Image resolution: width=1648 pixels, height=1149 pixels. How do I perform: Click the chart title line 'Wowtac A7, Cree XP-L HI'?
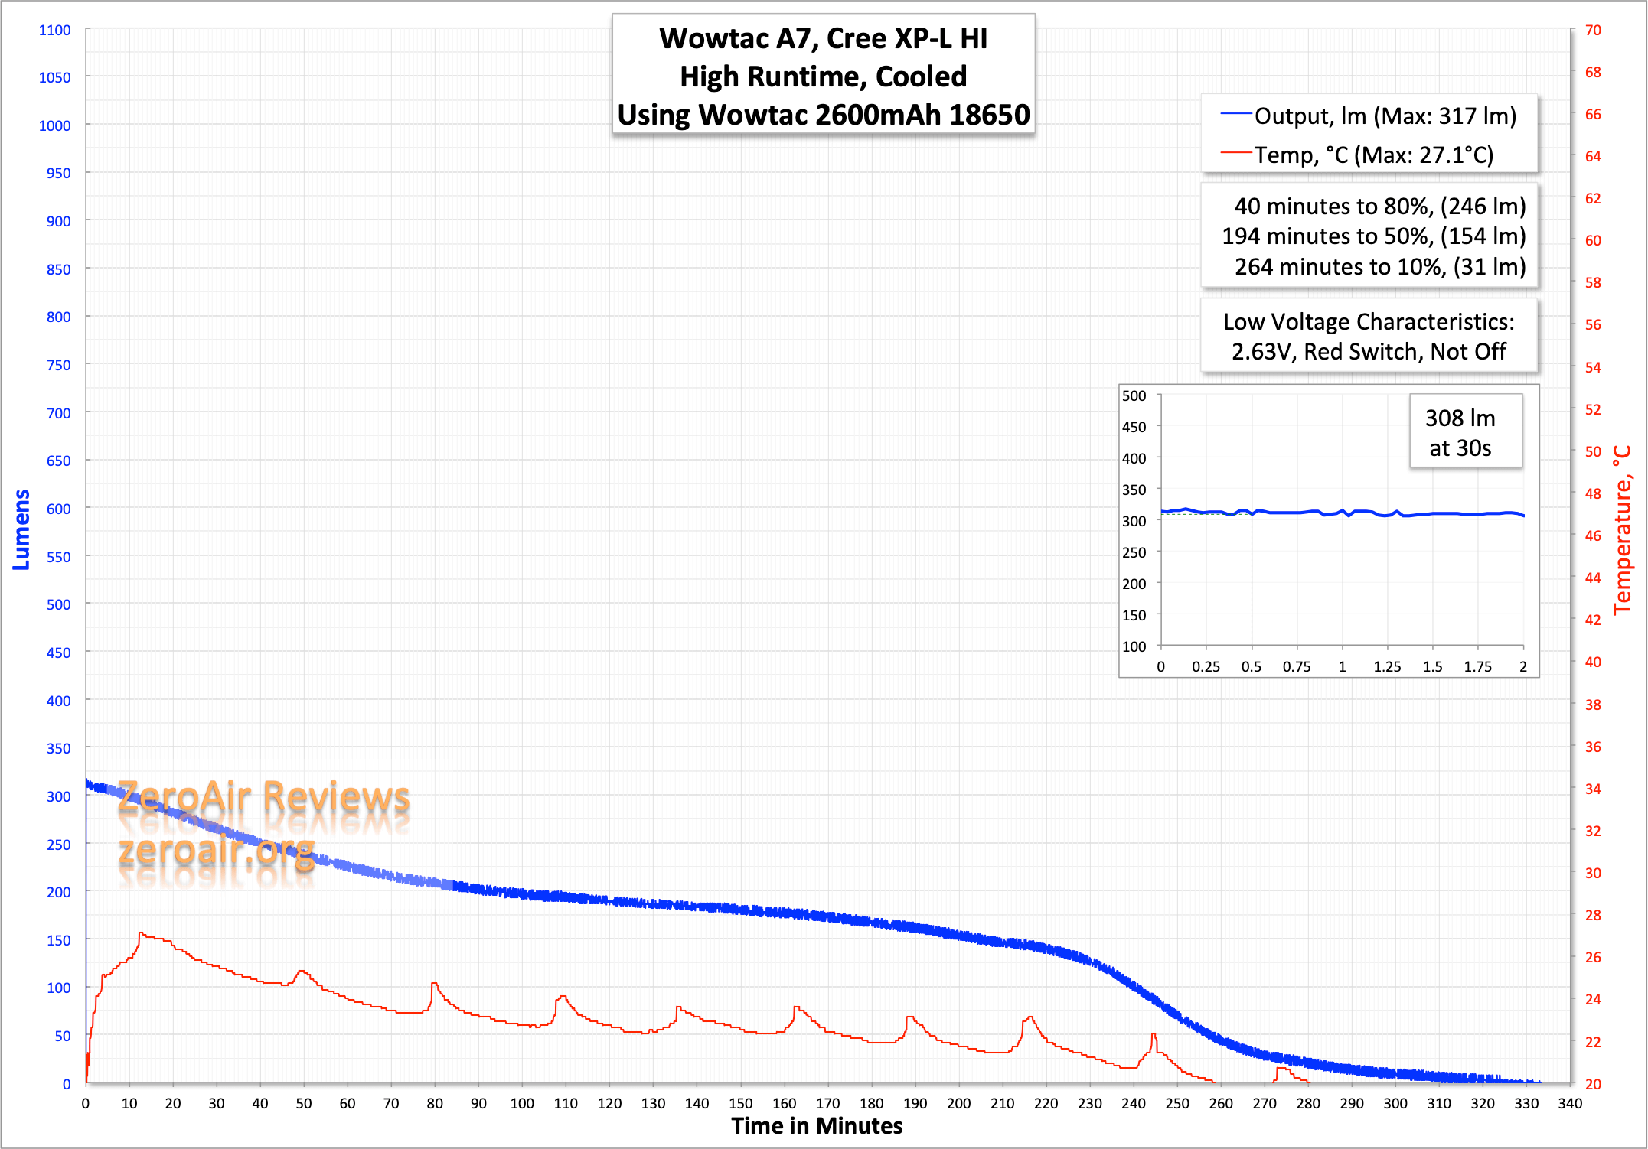click(x=823, y=38)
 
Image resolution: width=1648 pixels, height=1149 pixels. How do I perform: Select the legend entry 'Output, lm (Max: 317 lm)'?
click(x=1385, y=116)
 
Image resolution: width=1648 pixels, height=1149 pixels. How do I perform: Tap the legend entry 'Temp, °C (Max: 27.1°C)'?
click(x=1373, y=155)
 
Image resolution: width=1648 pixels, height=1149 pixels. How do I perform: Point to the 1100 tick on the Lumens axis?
click(x=54, y=30)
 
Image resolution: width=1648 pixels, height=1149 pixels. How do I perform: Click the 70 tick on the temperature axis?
click(x=1593, y=30)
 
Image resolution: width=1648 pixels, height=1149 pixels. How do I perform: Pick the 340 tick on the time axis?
click(x=1570, y=1103)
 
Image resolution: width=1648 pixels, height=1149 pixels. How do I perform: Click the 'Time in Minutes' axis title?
click(x=817, y=1126)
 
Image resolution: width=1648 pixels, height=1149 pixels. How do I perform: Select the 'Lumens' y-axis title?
click(x=21, y=529)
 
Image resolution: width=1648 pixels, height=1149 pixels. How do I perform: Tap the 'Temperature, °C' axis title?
click(x=1622, y=529)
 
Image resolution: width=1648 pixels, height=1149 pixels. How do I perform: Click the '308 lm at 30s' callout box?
click(x=1460, y=432)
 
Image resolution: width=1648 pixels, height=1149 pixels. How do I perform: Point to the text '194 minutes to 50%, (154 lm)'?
click(x=1373, y=236)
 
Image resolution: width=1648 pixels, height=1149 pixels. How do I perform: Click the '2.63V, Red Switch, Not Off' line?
click(x=1369, y=352)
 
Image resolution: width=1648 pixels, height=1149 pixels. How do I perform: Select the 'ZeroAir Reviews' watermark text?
click(x=264, y=797)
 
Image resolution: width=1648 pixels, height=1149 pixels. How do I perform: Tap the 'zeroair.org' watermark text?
click(x=217, y=851)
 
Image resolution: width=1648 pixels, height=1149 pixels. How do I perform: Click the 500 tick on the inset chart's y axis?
click(x=1134, y=395)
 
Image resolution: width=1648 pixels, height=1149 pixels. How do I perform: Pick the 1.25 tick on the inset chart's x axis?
click(x=1387, y=666)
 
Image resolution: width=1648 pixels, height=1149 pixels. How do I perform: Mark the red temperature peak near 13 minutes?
click(x=141, y=933)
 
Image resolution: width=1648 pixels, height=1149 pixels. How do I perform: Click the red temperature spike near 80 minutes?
click(x=434, y=984)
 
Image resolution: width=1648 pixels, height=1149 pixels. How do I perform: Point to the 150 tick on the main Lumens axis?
click(x=58, y=940)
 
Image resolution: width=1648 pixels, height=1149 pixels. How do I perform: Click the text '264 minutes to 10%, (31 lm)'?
click(x=1379, y=267)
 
